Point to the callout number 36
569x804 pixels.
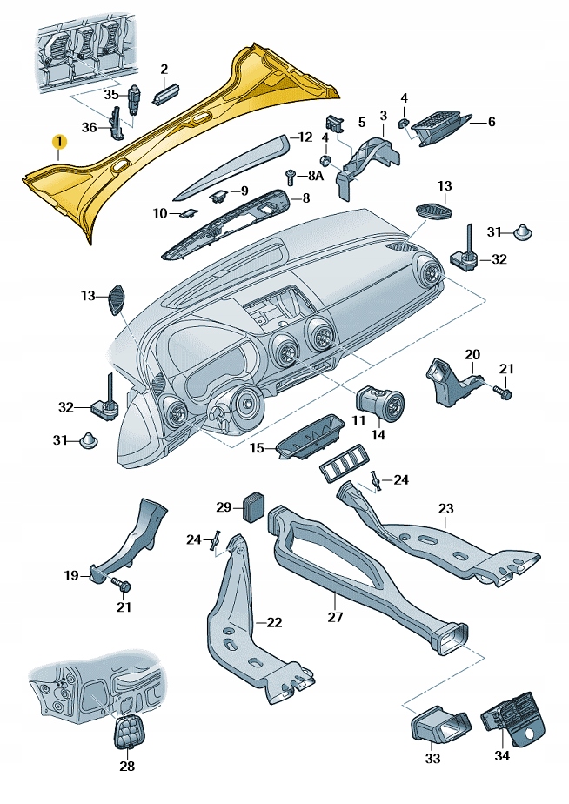point(89,127)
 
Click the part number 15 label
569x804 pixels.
point(257,447)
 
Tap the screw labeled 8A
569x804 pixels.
point(291,177)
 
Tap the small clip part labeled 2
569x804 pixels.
point(164,93)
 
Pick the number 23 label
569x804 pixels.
point(446,509)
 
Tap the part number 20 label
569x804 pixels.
point(472,354)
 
